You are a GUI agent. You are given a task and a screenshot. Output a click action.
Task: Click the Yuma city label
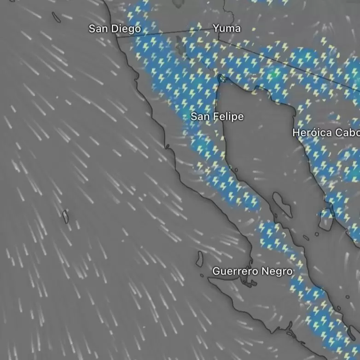tap(226, 29)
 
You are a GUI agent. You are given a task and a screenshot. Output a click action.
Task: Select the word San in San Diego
tap(97, 29)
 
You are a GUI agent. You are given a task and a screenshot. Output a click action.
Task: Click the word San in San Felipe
tap(200, 117)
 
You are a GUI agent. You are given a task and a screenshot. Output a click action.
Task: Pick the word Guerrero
tap(235, 272)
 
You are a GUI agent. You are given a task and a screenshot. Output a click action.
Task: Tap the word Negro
tap(277, 272)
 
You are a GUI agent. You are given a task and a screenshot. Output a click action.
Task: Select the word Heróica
tap(312, 133)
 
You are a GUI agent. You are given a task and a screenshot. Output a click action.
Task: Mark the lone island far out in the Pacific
tap(65, 216)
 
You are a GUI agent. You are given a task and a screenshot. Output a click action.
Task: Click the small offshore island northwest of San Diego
tap(56, 17)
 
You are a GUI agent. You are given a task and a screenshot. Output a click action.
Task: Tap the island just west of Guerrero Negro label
tap(200, 260)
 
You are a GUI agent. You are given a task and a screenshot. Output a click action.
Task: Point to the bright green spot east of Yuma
tap(275, 73)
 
